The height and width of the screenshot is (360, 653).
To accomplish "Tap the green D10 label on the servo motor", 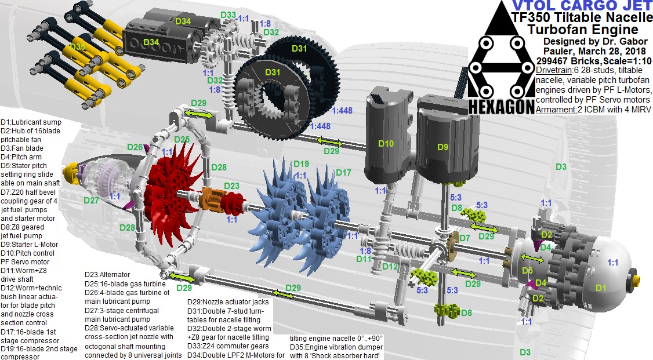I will tap(386, 144).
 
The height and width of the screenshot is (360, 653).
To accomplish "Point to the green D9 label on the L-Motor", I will tap(442, 147).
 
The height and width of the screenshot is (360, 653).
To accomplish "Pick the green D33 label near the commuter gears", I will tap(228, 14).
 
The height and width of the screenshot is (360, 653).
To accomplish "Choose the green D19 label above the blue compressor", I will tap(302, 164).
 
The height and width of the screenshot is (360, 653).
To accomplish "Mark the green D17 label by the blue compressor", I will tap(343, 173).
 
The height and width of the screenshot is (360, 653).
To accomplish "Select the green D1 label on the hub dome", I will tap(601, 288).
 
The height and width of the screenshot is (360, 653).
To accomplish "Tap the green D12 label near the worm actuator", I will tap(390, 267).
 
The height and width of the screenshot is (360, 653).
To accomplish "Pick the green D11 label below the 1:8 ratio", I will tap(363, 259).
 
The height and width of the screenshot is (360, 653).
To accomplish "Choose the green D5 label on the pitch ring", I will tap(526, 270).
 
